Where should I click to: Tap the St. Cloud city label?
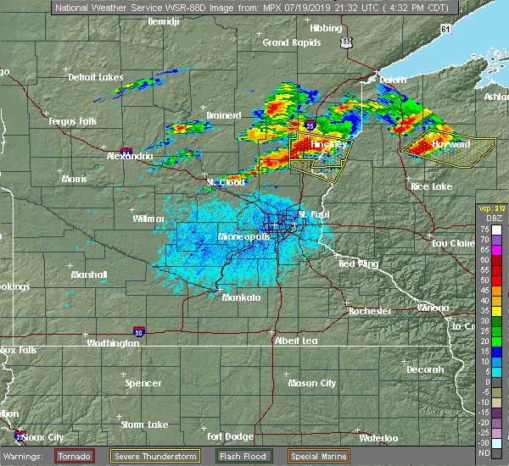226,182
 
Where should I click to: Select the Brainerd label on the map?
223,116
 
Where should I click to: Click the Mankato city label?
242,298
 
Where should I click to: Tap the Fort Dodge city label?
229,436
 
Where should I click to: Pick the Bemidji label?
165,20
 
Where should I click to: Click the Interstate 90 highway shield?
138,330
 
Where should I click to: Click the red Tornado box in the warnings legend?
75,456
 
